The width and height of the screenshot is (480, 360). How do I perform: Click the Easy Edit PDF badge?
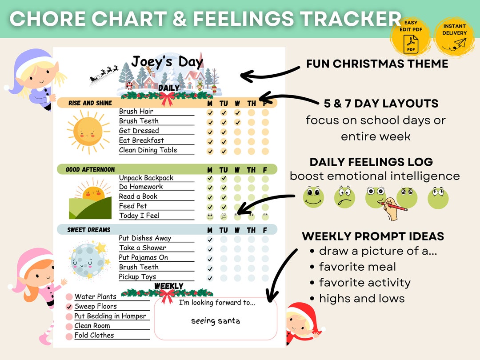tap(410, 36)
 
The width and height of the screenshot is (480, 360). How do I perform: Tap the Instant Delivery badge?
tap(454, 36)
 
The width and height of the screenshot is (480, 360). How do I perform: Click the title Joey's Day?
tap(167, 62)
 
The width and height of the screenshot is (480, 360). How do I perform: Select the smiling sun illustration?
tap(88, 131)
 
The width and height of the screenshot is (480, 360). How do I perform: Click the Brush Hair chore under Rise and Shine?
tap(136, 111)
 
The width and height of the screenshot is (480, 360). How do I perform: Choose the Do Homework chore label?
tap(141, 187)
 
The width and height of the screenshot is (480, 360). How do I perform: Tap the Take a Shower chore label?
tap(142, 248)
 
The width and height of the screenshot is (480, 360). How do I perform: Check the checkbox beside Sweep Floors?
tap(69, 307)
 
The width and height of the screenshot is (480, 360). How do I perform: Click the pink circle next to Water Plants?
tap(69, 297)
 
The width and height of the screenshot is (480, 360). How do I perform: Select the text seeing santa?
tap(215, 321)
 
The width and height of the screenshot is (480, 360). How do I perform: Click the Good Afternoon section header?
tap(91, 169)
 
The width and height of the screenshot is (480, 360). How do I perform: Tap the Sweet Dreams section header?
tap(89, 230)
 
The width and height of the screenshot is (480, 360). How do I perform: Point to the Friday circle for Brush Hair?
tap(265, 112)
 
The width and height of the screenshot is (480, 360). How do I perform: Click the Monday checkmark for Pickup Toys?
tap(210, 278)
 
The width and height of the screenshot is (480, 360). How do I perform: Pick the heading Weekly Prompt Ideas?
tap(373, 236)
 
